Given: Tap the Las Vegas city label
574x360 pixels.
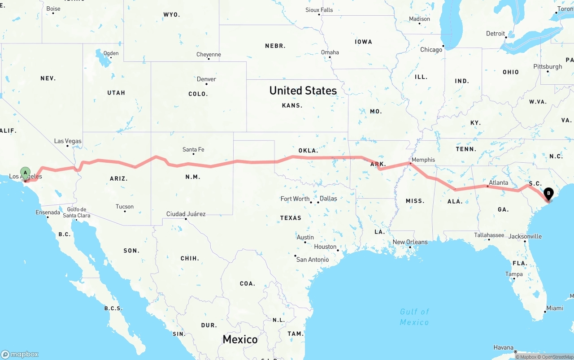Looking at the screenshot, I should [x=68, y=141].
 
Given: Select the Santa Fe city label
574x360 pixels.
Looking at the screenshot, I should [x=193, y=150].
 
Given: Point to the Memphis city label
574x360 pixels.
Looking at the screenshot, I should [x=423, y=160].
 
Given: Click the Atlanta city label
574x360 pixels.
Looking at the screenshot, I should [x=498, y=183].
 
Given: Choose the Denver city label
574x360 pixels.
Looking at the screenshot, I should [x=206, y=79].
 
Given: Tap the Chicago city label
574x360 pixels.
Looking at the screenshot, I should [x=431, y=50].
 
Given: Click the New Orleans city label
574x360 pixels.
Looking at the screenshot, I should [x=410, y=242].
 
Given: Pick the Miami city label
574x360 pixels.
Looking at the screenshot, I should [x=555, y=308].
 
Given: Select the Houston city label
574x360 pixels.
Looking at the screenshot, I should [x=325, y=247].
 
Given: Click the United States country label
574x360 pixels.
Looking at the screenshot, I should [x=303, y=91].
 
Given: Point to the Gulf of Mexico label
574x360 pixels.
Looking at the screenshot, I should [x=414, y=317].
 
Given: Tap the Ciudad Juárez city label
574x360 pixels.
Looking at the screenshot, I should [x=186, y=214].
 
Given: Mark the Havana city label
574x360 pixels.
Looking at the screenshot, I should [x=503, y=347].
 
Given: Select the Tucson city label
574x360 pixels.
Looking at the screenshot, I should [x=124, y=207].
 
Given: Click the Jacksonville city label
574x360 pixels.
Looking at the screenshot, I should [x=525, y=236].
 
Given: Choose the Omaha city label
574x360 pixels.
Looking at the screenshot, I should [x=330, y=52].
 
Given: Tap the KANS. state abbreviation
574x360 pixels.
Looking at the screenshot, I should [x=292, y=106].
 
